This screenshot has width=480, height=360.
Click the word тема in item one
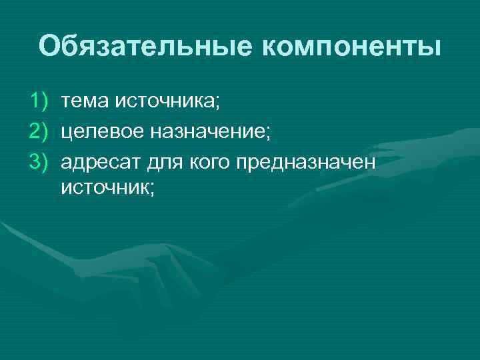coord(86,101)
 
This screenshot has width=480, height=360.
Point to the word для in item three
coord(159,161)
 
